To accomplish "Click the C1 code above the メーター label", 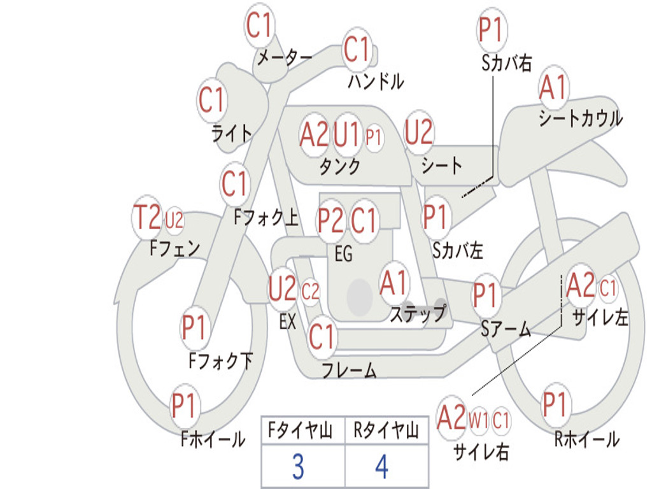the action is coord(259,25).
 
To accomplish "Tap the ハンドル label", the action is coord(376,81).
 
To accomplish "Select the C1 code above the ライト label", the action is coord(211,100).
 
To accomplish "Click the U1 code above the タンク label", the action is coord(346,135).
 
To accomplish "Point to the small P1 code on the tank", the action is coord(373,137).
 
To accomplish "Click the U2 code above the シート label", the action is coord(419,132).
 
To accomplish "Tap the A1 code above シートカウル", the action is coord(553,87).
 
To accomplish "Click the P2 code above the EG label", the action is coord(330,219).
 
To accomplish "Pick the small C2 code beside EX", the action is coord(310,292).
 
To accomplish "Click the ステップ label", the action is coord(418,313).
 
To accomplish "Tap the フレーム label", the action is coord(350,370).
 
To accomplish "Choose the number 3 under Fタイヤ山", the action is coord(298,467).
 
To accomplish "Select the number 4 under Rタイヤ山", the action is coord(382,467).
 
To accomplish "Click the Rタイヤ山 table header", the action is coord(386,430).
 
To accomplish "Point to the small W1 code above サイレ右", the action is coord(478,420).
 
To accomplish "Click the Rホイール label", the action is coord(586,439).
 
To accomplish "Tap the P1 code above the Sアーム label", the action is coord(485,294).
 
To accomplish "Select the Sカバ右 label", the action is coord(507,63).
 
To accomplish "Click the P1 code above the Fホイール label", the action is coord(183,405).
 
